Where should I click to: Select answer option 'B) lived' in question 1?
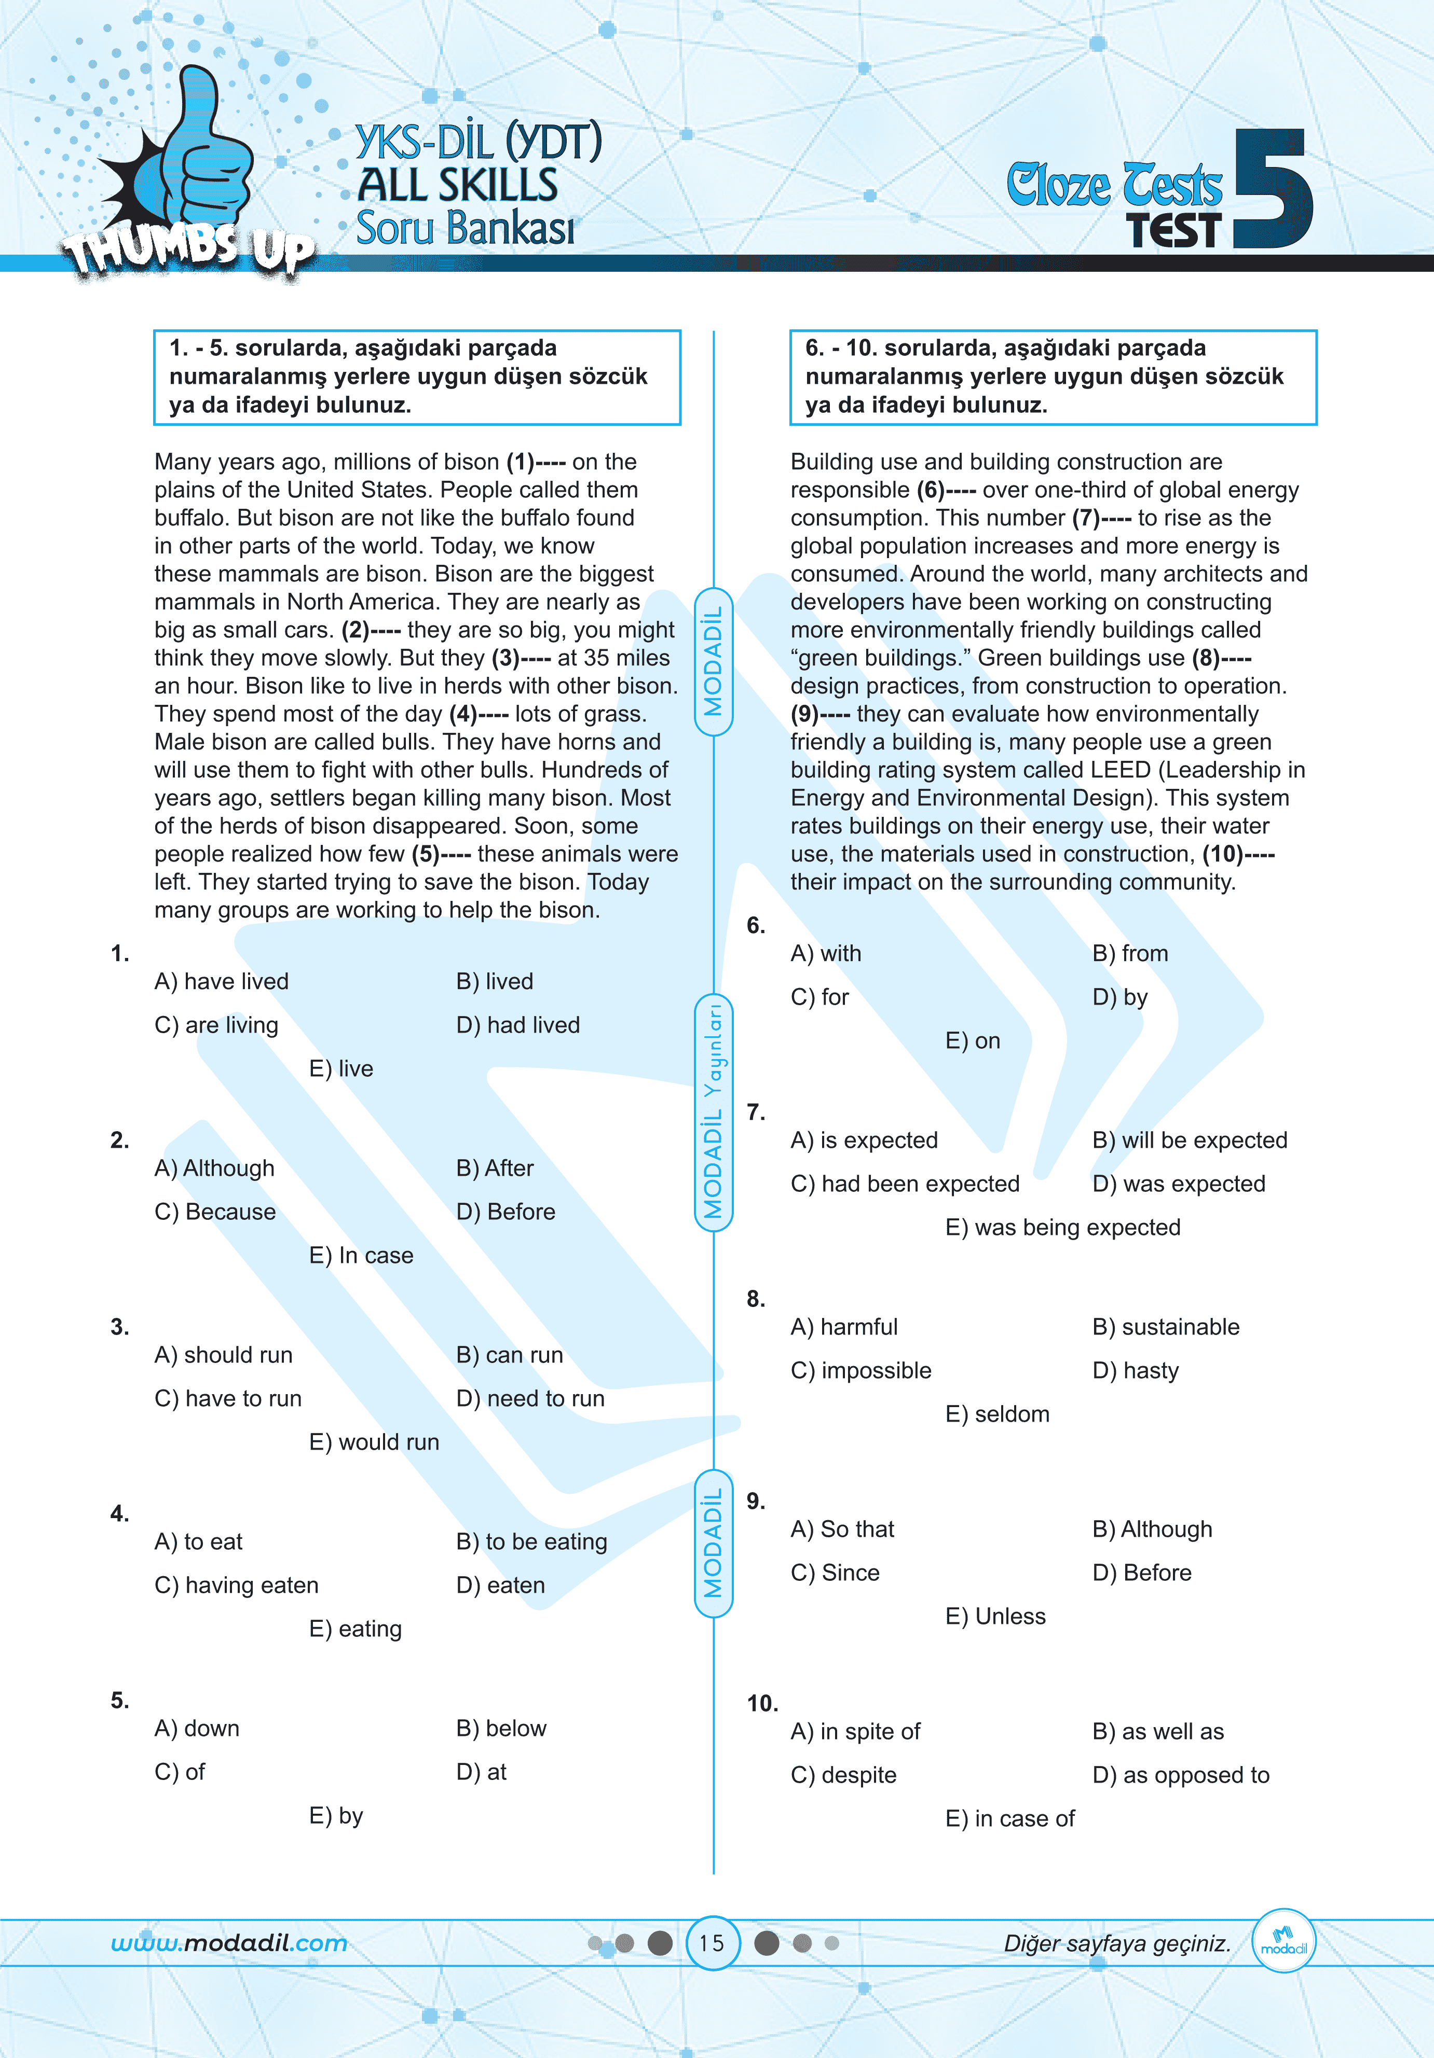(x=494, y=981)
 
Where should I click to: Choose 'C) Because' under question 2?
(x=215, y=1212)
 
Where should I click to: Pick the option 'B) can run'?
(x=509, y=1355)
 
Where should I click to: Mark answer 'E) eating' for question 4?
(x=355, y=1629)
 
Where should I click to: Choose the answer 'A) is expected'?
(x=864, y=1140)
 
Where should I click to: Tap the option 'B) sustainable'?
(x=1166, y=1327)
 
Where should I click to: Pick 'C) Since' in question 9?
(x=835, y=1573)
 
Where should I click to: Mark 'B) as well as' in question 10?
(x=1158, y=1732)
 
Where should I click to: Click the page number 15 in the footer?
(x=712, y=1943)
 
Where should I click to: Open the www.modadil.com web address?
(x=229, y=1943)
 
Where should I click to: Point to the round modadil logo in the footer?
(x=1283, y=1941)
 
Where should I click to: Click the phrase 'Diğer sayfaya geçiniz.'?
(x=1116, y=1943)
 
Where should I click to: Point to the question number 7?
(x=756, y=1113)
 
